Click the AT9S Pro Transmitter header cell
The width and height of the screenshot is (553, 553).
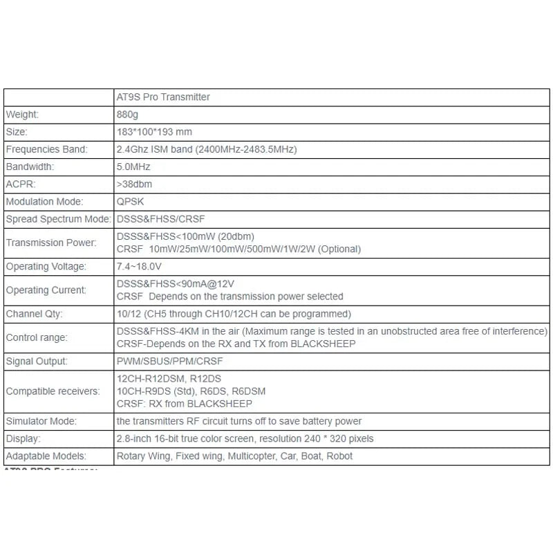point(163,97)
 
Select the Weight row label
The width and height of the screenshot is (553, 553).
point(22,115)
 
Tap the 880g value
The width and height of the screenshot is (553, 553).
point(128,115)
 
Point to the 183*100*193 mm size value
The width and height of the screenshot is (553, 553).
point(155,132)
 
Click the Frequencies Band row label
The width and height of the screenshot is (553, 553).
point(46,149)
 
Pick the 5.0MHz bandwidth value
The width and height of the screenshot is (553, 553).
point(133,167)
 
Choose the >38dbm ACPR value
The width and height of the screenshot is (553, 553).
point(135,184)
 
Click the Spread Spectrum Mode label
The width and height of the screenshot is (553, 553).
point(58,219)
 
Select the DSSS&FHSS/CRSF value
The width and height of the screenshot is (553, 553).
point(161,219)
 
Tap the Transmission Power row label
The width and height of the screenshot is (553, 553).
point(51,243)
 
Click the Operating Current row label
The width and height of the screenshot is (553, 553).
point(46,290)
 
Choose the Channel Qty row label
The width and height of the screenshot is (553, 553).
point(35,314)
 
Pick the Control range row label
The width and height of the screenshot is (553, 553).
point(36,337)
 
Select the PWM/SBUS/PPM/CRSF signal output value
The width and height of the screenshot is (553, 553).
point(170,361)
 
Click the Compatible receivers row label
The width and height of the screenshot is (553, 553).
point(53,391)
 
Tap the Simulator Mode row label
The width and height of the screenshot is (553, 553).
point(41,421)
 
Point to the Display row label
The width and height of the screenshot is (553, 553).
point(22,439)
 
